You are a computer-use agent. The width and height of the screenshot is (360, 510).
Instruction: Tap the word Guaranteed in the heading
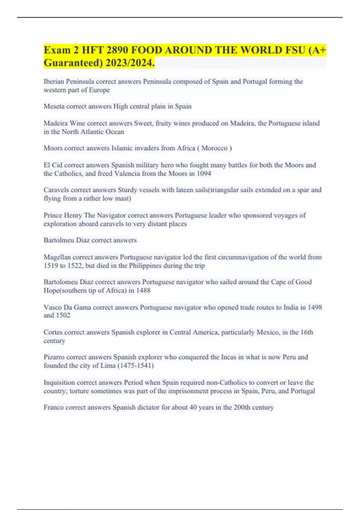pos(71,63)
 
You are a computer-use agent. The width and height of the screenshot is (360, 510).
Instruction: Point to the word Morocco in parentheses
pos(214,148)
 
